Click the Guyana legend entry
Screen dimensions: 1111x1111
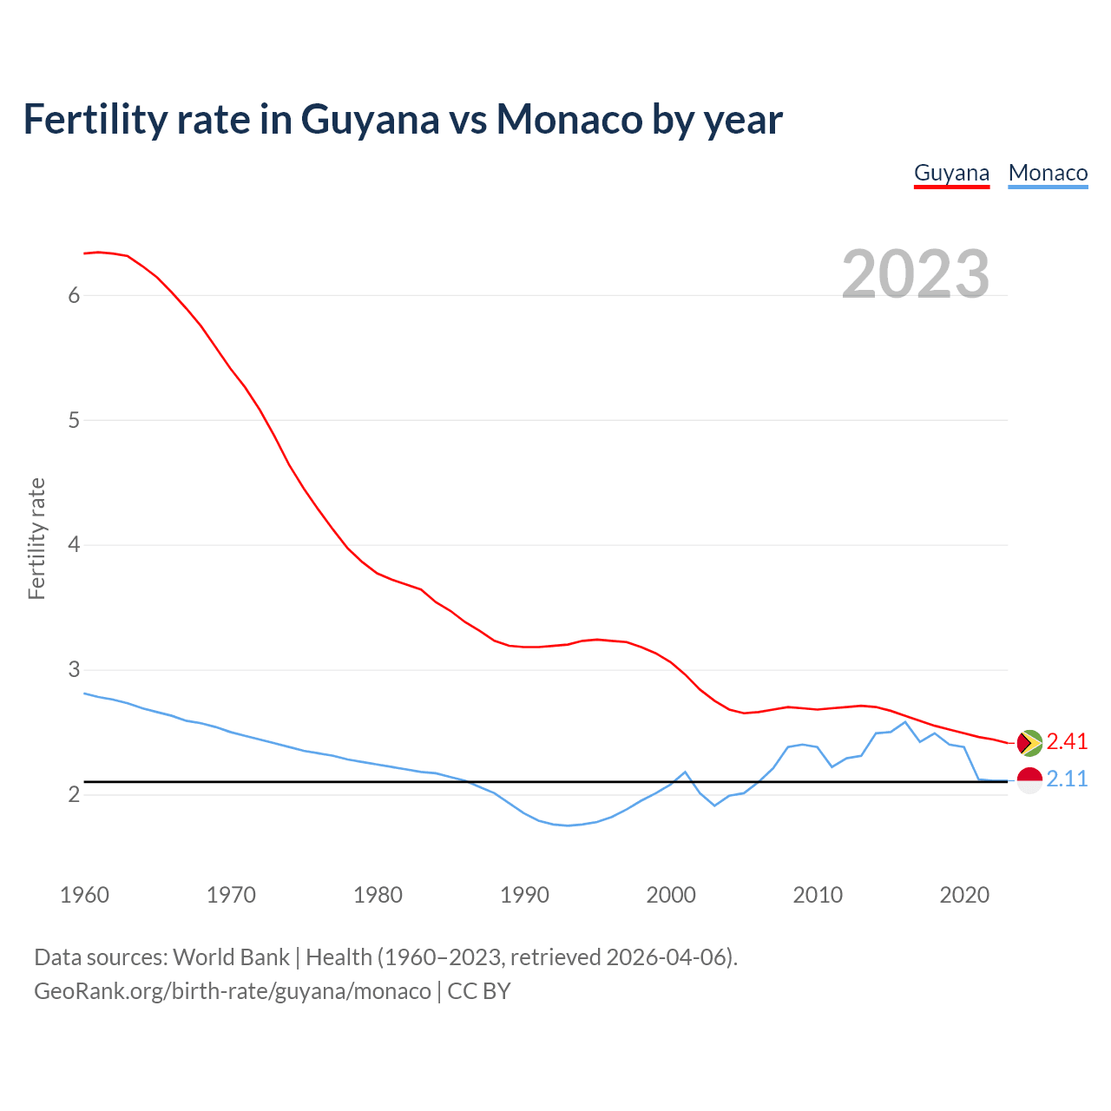point(951,173)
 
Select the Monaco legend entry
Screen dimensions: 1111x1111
point(1048,173)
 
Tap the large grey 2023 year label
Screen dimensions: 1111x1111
point(916,274)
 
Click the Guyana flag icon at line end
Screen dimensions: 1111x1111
point(1029,742)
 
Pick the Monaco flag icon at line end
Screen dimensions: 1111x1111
point(1029,779)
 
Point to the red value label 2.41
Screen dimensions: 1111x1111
point(1067,741)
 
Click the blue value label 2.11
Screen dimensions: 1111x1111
point(1067,779)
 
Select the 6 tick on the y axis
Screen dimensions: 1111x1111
point(74,295)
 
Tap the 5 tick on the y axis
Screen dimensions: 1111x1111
point(74,420)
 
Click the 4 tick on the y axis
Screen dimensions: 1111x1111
point(74,545)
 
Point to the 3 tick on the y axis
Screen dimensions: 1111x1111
point(74,670)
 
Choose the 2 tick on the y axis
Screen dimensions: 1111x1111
point(74,794)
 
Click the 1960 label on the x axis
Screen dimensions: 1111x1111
point(84,895)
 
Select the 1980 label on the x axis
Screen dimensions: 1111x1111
point(378,895)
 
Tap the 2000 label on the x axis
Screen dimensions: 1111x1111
point(671,895)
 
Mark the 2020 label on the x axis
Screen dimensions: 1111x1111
point(964,895)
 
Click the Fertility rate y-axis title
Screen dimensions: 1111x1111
point(36,538)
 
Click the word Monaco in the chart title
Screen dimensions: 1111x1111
point(569,119)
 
